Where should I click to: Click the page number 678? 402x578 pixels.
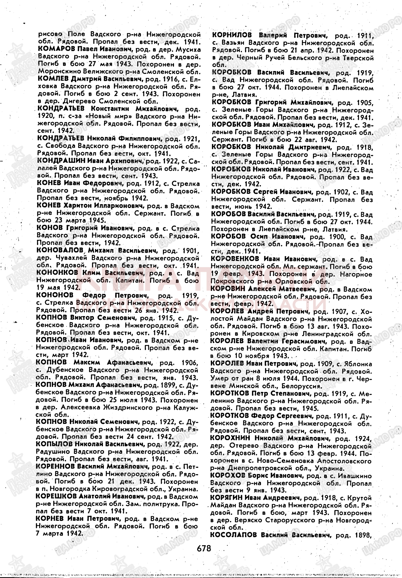(204, 548)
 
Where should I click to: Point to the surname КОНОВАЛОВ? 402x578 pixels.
(60, 250)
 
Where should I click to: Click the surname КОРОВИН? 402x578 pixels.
(228, 289)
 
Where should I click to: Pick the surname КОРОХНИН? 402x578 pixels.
(230, 438)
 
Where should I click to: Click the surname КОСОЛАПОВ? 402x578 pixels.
(234, 535)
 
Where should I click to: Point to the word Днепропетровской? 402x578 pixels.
(261, 468)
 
